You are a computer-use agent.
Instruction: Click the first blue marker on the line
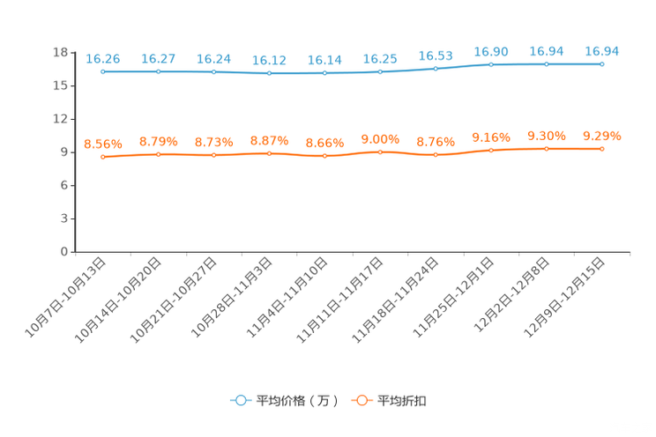click(x=103, y=71)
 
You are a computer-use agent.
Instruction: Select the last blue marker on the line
click(x=602, y=63)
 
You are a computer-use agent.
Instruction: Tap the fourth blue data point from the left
click(x=269, y=73)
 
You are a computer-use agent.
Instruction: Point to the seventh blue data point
click(x=436, y=68)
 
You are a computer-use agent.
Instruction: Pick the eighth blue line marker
click(x=491, y=64)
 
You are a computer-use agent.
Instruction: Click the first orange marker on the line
click(x=103, y=157)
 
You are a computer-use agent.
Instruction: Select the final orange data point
click(x=602, y=149)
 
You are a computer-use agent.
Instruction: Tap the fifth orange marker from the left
click(x=324, y=156)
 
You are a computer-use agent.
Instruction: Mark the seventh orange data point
click(x=436, y=155)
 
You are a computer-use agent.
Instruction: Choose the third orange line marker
click(x=214, y=155)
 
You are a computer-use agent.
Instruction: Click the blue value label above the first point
click(x=103, y=59)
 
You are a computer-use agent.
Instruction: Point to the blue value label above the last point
click(x=602, y=51)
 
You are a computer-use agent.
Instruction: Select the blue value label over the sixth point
click(x=380, y=59)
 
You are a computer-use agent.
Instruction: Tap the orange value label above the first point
click(x=103, y=144)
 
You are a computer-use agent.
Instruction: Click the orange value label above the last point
click(x=602, y=136)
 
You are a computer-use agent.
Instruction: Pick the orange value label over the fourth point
click(x=269, y=140)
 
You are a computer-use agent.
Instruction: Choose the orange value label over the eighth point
click(x=491, y=137)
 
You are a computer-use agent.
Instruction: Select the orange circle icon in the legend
click(x=362, y=400)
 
